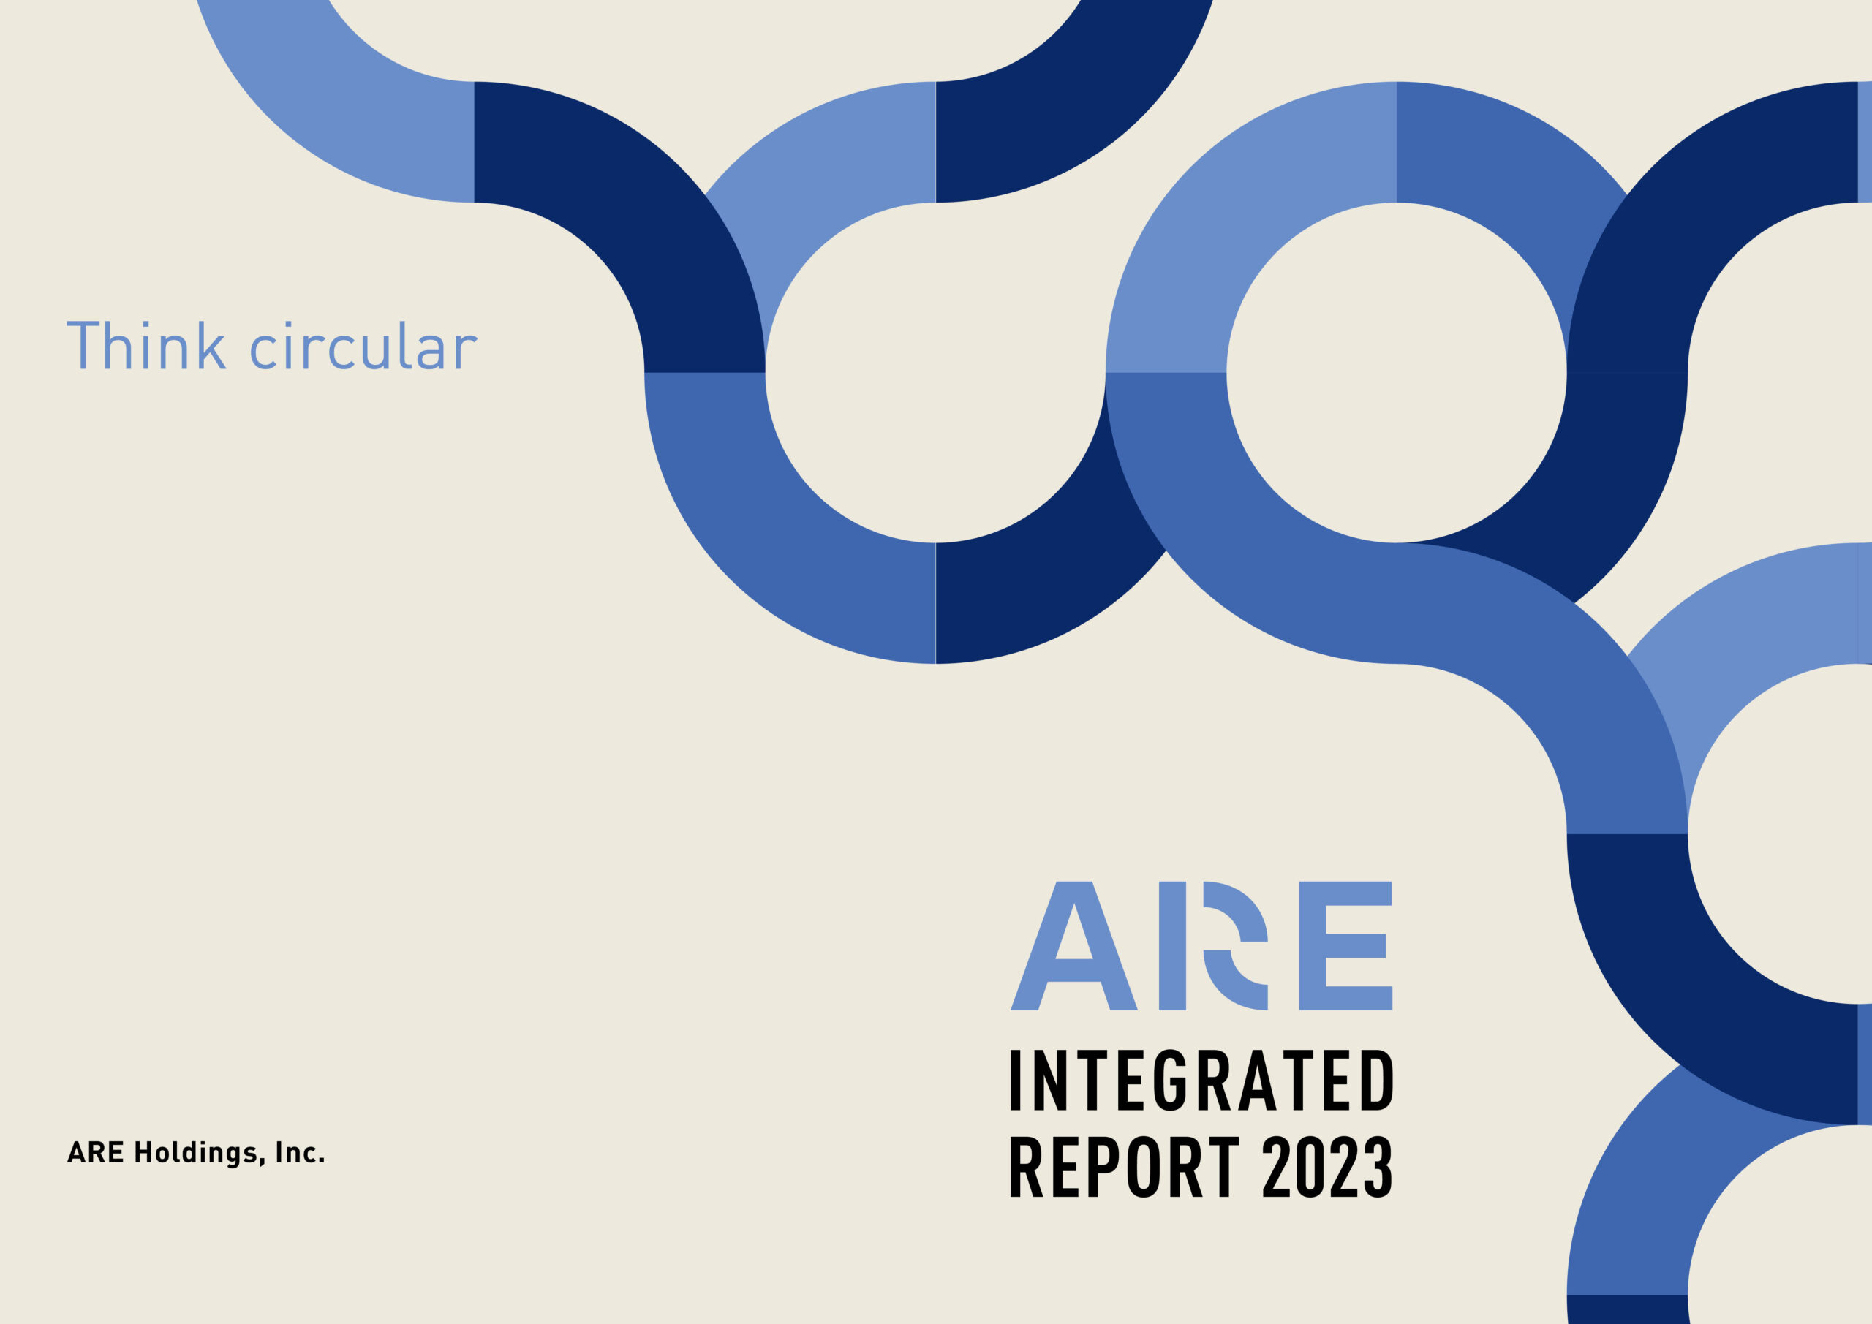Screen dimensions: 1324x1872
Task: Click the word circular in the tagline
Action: (x=363, y=347)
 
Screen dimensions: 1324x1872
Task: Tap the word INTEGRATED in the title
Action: (x=1201, y=1081)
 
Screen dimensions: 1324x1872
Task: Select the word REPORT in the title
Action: (x=1125, y=1167)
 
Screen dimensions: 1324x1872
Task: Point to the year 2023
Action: (x=1326, y=1167)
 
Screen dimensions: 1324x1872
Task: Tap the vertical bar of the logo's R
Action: (x=1171, y=946)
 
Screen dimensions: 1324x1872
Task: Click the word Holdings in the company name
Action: (x=197, y=1154)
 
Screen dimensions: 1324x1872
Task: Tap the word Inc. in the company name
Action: (x=300, y=1153)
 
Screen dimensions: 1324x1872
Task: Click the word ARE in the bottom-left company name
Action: (x=95, y=1153)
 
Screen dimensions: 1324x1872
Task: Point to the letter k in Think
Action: (x=212, y=345)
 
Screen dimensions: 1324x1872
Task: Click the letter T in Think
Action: (x=83, y=345)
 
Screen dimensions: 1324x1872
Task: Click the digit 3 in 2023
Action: (x=1378, y=1167)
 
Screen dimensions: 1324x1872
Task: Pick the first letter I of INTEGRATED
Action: (x=1015, y=1081)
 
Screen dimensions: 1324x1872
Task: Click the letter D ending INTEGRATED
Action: (x=1377, y=1081)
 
